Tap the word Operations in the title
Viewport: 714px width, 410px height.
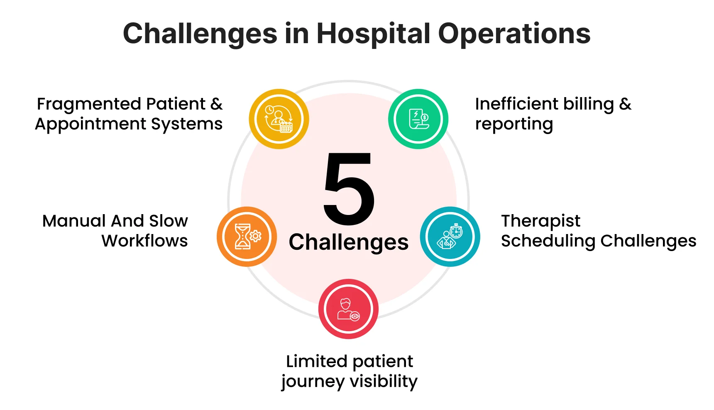514,34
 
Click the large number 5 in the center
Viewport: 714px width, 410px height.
349,189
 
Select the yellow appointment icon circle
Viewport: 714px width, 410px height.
279,119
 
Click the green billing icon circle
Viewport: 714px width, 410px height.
418,119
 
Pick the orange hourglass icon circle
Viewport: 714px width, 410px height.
247,237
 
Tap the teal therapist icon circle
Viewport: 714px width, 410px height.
450,237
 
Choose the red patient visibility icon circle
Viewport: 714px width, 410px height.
348,309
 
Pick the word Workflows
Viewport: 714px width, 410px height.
144,241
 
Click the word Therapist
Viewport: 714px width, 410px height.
540,222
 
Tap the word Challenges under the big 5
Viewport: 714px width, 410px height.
349,242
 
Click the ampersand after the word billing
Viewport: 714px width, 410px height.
625,104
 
